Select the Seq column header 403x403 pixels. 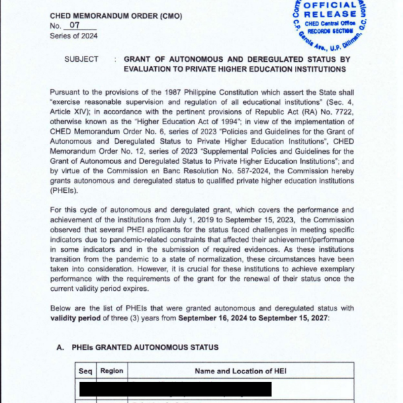[x=85, y=370]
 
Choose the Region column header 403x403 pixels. [x=111, y=370]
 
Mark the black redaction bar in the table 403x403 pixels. [x=175, y=389]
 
